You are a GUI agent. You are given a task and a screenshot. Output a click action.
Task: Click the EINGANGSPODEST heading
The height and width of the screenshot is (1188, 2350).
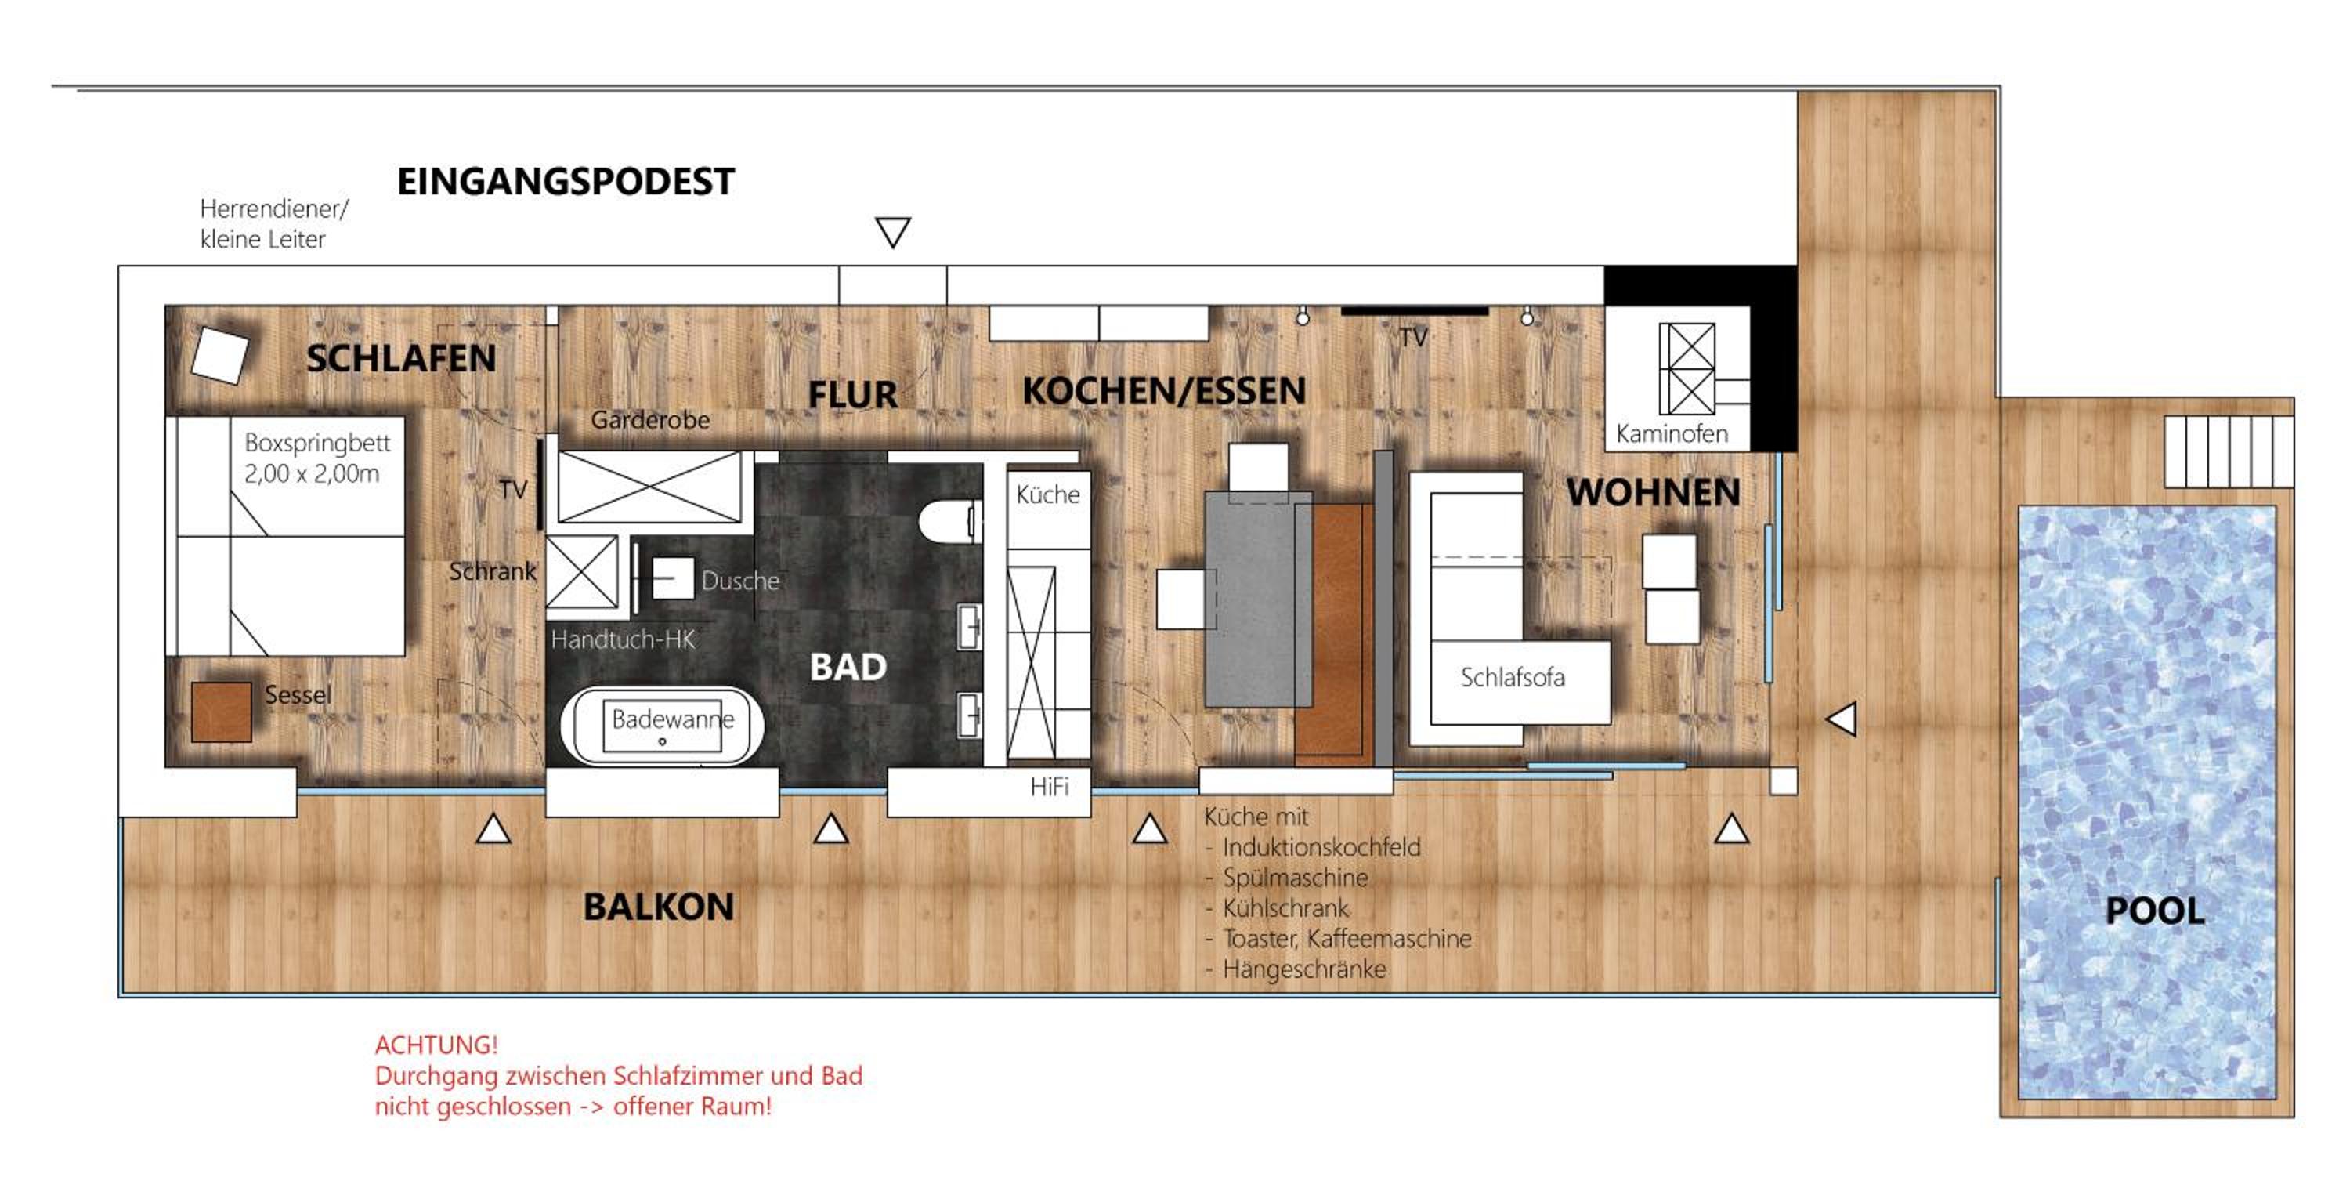click(566, 182)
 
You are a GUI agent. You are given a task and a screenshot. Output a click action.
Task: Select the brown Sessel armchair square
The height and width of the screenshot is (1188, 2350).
click(222, 712)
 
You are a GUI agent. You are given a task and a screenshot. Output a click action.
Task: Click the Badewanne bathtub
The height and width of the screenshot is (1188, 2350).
click(661, 726)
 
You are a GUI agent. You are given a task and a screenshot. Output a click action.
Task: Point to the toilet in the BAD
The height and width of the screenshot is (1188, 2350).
click(949, 522)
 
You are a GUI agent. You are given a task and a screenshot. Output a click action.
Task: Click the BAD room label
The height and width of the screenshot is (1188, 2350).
click(848, 667)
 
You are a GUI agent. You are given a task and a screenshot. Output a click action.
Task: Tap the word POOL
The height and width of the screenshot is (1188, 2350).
click(2155, 911)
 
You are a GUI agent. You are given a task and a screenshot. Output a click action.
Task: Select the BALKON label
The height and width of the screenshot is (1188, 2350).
click(659, 907)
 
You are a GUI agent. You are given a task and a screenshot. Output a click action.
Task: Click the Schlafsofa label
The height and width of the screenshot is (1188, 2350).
click(1513, 677)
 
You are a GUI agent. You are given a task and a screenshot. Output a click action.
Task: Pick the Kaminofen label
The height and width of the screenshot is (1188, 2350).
click(1672, 433)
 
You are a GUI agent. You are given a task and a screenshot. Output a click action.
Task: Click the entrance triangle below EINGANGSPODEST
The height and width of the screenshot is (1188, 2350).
click(893, 232)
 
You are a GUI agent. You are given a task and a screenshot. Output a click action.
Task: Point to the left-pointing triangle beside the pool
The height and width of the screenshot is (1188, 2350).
click(1841, 719)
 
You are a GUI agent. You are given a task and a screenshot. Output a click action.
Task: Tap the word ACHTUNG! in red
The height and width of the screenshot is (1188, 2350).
click(437, 1045)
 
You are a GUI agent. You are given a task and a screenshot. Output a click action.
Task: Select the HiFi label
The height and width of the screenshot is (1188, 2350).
click(1049, 787)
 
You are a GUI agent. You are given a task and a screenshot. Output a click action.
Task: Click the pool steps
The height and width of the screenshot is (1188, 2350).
click(2229, 451)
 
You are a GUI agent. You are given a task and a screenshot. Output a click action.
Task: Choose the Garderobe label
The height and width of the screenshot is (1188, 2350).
click(650, 420)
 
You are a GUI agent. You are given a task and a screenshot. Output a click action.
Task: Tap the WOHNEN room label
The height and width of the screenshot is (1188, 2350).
click(1654, 493)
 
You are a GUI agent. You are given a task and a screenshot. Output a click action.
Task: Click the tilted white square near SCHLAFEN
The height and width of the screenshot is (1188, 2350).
click(220, 355)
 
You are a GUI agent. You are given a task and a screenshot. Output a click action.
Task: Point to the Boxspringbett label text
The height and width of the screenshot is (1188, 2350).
click(316, 458)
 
